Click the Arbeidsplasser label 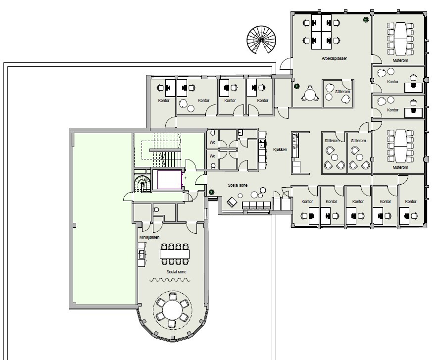(334, 59)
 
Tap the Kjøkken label (280, 150)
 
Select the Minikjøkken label (149, 237)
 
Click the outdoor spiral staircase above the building (261, 40)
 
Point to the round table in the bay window (173, 309)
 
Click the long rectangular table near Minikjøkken (175, 254)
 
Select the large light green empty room (104, 219)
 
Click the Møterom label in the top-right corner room (400, 60)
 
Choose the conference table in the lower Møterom (401, 146)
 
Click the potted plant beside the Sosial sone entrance (212, 192)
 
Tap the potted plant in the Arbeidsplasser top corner (366, 20)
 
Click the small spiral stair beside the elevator (143, 184)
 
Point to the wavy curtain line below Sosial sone (170, 280)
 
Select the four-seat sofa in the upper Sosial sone (256, 206)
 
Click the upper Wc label (212, 142)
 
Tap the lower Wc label (212, 156)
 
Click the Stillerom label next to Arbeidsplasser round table (342, 92)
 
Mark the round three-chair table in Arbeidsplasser (309, 94)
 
